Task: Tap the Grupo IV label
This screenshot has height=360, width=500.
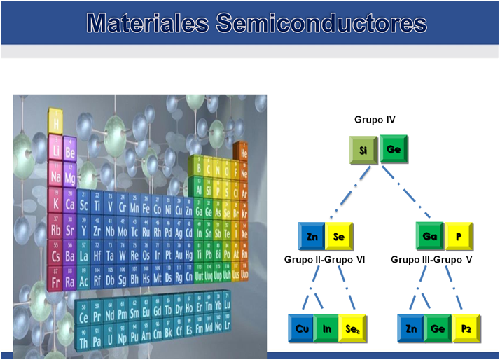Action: click(375, 120)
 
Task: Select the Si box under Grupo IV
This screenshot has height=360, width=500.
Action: click(364, 148)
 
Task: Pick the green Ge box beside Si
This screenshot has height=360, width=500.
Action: click(394, 148)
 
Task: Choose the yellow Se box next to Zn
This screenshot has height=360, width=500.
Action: click(340, 236)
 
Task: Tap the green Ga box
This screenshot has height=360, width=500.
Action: click(430, 236)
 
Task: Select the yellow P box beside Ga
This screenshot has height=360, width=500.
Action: click(459, 236)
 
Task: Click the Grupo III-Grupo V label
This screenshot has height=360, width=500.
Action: click(432, 259)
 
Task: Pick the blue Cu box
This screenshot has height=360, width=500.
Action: click(302, 328)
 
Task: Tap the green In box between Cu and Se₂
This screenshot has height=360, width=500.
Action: click(326, 328)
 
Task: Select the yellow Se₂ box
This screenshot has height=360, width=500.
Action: click(353, 328)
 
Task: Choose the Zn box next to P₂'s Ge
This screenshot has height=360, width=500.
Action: click(411, 328)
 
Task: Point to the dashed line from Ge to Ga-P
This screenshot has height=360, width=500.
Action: click(413, 193)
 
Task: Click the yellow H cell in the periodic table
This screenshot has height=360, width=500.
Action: click(55, 125)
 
